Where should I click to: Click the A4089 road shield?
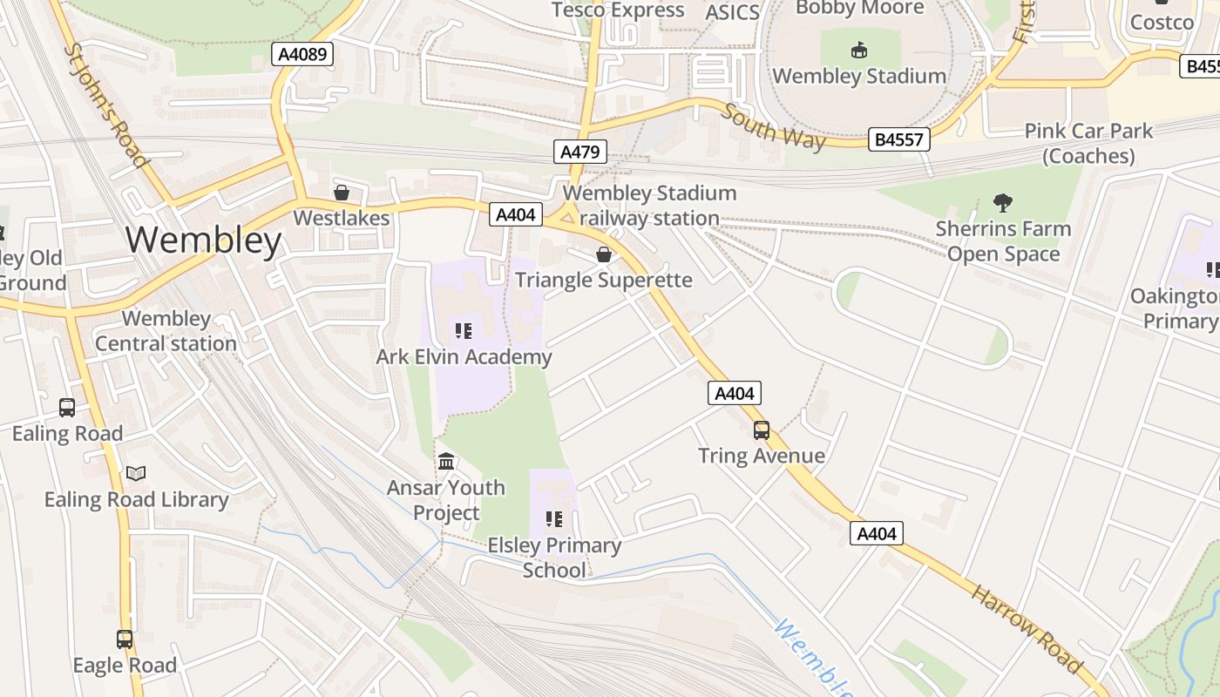(302, 55)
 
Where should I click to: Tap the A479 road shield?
(579, 152)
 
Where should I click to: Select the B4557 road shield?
(899, 139)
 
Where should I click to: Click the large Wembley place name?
(204, 240)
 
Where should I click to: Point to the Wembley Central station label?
(166, 331)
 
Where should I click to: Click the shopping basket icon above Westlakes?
(342, 193)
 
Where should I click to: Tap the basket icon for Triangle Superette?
(603, 254)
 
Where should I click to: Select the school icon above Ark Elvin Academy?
(464, 331)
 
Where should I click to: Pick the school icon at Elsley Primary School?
(554, 520)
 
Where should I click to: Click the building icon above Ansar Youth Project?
(446, 461)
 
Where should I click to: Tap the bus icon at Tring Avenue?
(762, 430)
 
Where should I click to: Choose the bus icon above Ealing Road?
(67, 408)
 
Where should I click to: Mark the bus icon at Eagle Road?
(125, 639)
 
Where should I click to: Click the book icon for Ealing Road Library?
(136, 474)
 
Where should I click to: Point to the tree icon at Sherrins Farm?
(1003, 203)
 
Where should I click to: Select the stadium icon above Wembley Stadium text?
(859, 51)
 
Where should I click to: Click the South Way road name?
(773, 126)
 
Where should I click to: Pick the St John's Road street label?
(105, 105)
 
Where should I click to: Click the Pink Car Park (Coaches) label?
(1088, 144)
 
